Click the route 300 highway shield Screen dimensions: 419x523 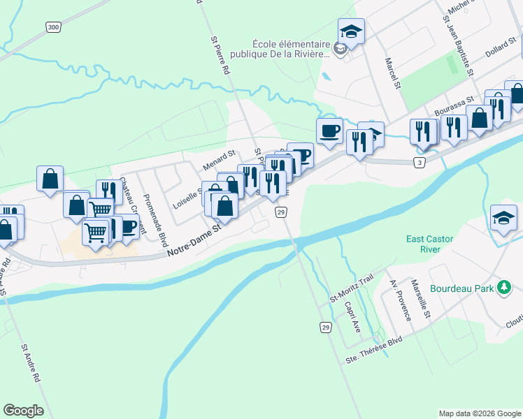coord(53,27)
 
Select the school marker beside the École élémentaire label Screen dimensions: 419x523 coord(351,31)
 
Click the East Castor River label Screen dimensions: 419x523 coord(429,244)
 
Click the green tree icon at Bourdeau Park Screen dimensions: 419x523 coord(503,288)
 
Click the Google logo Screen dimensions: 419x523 coord(23,411)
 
